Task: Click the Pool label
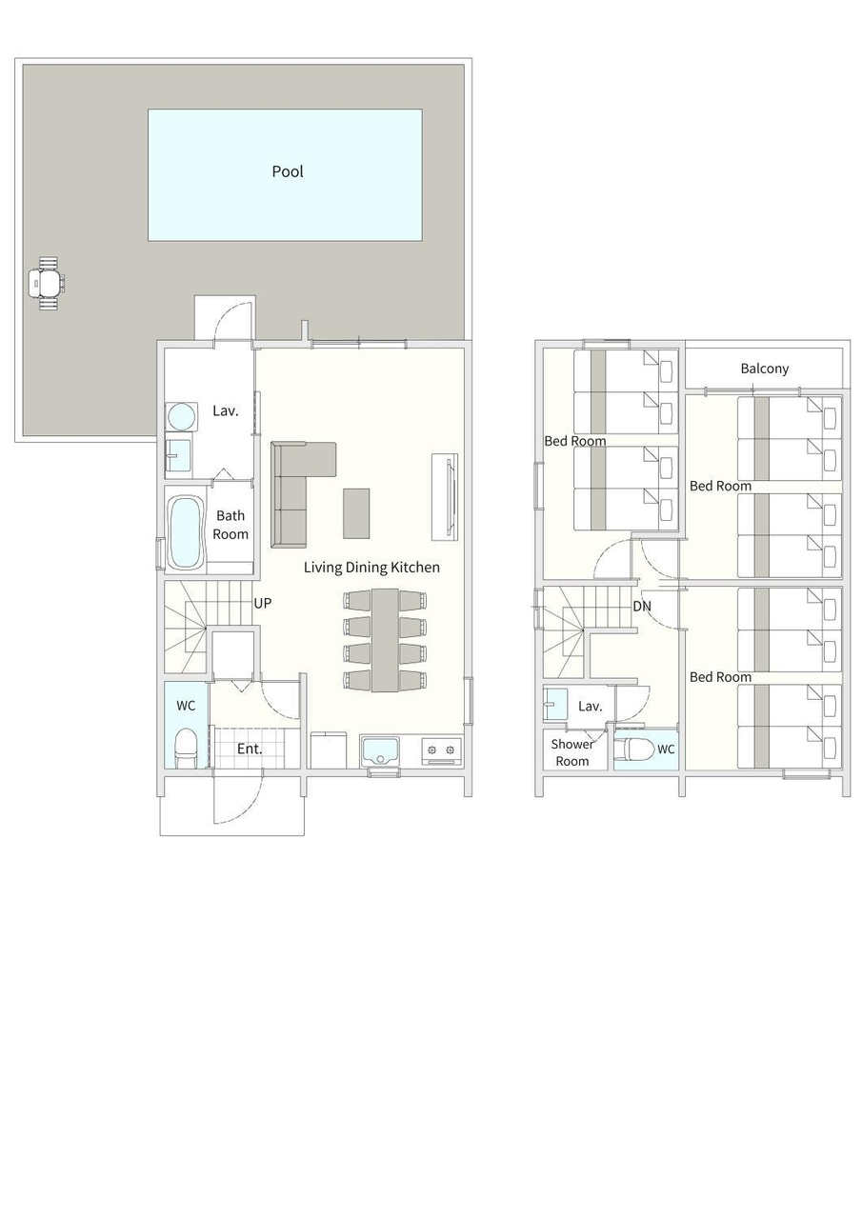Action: [x=288, y=172]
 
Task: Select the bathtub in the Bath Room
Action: [x=187, y=532]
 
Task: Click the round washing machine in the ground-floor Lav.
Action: [x=181, y=417]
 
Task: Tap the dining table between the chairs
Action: [x=385, y=640]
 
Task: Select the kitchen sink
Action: [x=380, y=751]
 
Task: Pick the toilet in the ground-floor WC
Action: [x=186, y=748]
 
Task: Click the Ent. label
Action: [x=250, y=749]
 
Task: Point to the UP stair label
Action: [x=262, y=603]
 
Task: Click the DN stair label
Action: [x=642, y=607]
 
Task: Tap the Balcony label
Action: [x=765, y=369]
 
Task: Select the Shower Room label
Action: [x=571, y=752]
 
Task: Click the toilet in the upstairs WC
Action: [x=634, y=749]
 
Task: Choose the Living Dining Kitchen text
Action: [x=371, y=568]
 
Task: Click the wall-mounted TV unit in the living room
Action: [x=445, y=496]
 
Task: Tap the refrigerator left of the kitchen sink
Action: [x=329, y=749]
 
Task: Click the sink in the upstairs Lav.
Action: [x=555, y=704]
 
